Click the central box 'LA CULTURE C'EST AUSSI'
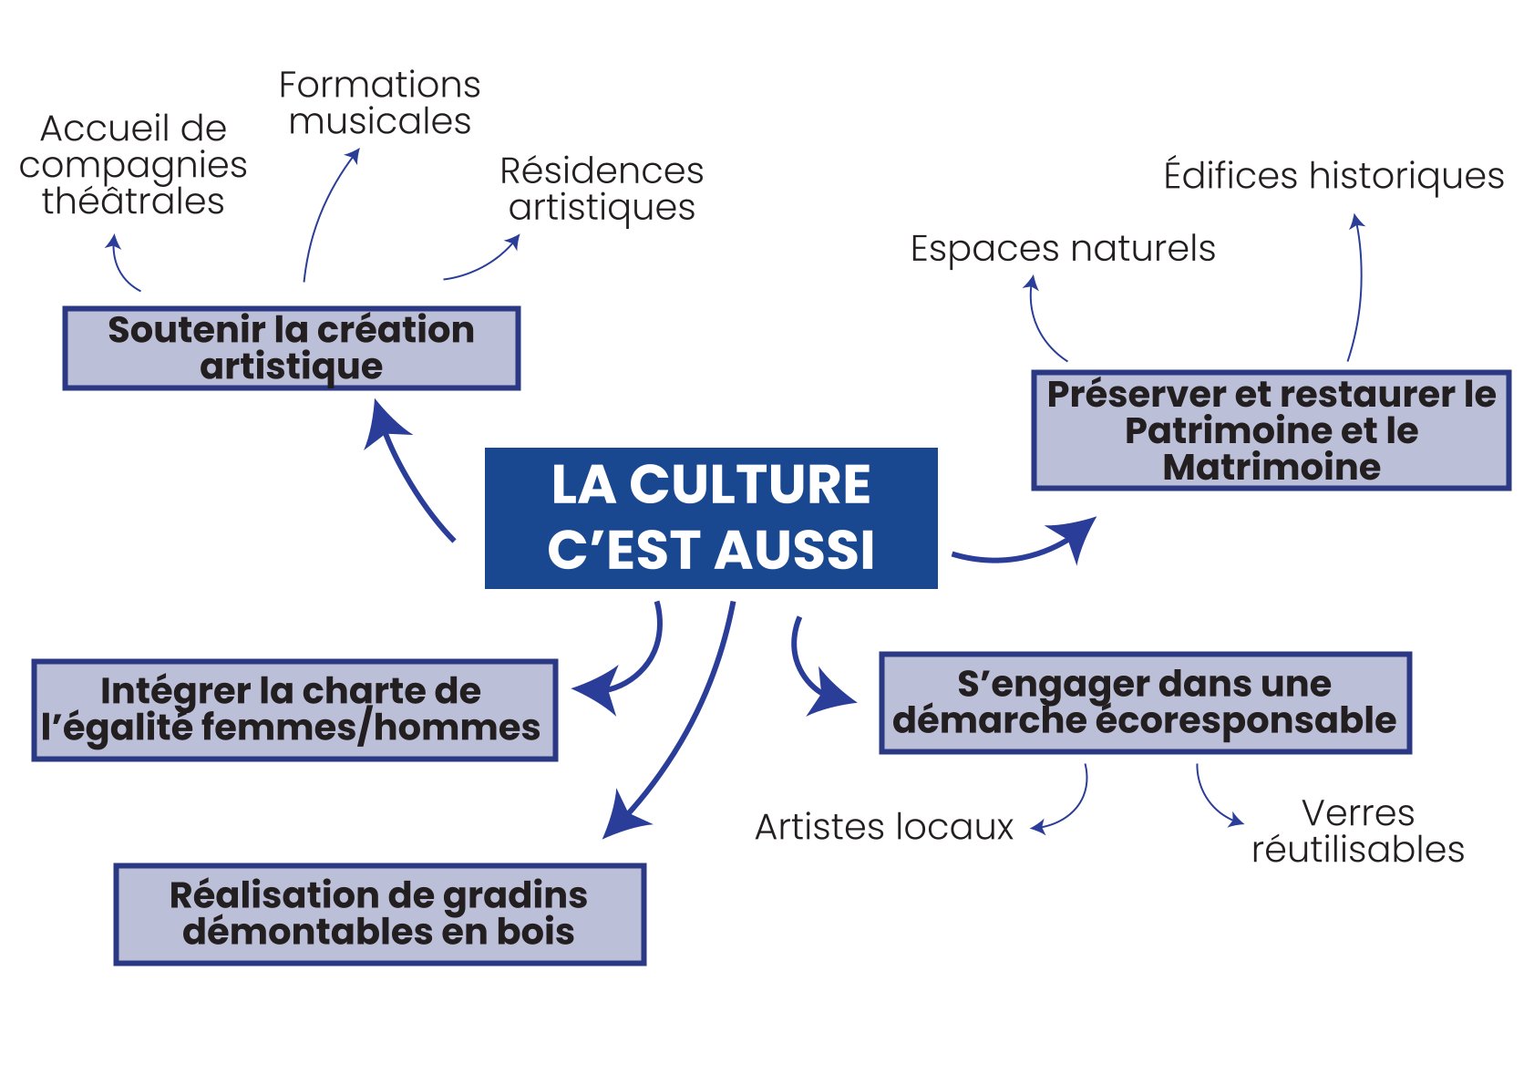coord(711,518)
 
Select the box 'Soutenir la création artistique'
coord(292,348)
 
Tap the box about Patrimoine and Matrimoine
coord(1271,430)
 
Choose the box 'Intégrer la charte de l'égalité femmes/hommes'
coord(294,709)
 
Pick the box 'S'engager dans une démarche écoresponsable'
coord(1145,703)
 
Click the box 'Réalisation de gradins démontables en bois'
coord(379,914)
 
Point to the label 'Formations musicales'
coord(379,103)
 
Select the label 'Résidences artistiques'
coord(602,189)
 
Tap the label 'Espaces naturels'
coord(1063,248)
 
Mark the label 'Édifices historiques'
coord(1334,175)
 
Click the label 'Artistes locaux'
coord(884,826)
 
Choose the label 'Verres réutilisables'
coord(1358,832)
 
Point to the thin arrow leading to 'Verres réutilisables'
coord(1210,801)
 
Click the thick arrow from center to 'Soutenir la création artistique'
coord(406,472)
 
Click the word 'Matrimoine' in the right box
coord(1271,467)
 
